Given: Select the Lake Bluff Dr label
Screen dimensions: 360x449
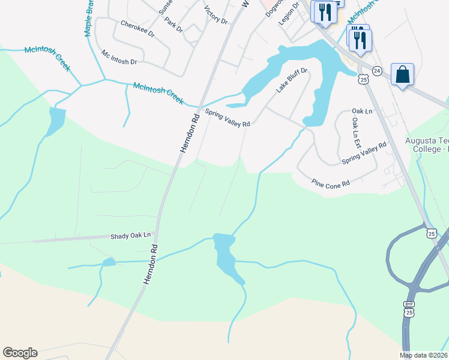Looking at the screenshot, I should click(x=292, y=80).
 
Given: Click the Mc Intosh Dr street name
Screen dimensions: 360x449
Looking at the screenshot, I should click(x=119, y=57).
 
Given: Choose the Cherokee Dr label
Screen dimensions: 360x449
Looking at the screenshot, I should click(x=137, y=29).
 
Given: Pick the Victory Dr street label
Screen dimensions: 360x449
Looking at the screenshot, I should click(x=216, y=15).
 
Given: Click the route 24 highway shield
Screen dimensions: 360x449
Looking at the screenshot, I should click(x=376, y=70).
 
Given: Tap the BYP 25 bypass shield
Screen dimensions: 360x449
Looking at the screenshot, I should click(x=409, y=308).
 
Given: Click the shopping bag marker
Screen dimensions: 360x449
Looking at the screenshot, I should click(x=402, y=75).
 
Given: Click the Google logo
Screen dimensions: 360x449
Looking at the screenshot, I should click(x=20, y=353).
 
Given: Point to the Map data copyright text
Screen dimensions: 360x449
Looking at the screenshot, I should click(x=423, y=355).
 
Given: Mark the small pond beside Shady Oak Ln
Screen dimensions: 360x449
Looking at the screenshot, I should click(x=109, y=262).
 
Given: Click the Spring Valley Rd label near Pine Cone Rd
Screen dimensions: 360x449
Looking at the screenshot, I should click(x=364, y=154).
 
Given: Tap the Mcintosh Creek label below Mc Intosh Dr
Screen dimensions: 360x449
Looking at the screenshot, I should click(x=158, y=92).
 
